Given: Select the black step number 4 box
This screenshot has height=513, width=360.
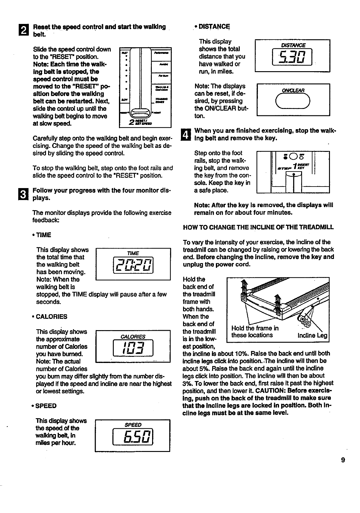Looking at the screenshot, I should [x=186, y=135].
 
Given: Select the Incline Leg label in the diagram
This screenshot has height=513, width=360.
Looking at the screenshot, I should [x=312, y=335].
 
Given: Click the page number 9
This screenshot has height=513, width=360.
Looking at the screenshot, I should [x=343, y=460].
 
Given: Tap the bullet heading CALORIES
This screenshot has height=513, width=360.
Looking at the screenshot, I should [x=52, y=317].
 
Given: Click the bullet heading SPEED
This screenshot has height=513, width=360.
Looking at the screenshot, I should [x=46, y=406].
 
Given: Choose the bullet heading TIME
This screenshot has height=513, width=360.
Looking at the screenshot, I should [x=44, y=235].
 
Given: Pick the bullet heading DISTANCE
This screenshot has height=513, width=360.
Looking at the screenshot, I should [x=214, y=27].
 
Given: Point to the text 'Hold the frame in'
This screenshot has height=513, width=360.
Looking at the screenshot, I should [x=255, y=328].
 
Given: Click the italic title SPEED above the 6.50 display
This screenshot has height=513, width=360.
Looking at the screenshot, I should [x=133, y=425].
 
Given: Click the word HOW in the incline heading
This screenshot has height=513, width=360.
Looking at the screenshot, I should [x=189, y=227].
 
